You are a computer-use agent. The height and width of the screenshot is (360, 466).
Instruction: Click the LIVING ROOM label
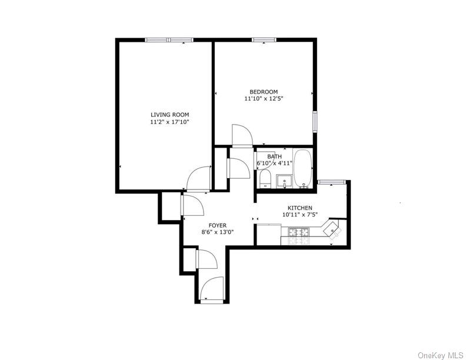tap(169, 115)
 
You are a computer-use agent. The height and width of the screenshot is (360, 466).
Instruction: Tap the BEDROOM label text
tap(264, 92)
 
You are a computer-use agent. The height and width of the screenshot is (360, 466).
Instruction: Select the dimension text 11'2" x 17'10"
tap(169, 122)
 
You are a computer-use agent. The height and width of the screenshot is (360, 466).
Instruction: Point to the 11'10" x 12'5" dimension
tap(264, 99)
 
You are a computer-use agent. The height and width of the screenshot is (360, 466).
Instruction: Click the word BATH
tap(274, 156)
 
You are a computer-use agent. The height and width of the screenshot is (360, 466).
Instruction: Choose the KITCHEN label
tap(299, 208)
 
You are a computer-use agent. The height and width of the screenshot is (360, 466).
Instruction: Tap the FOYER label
tap(218, 225)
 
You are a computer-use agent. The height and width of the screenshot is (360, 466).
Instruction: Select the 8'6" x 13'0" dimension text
tap(218, 232)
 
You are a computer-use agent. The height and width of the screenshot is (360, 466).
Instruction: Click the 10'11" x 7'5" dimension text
tap(299, 215)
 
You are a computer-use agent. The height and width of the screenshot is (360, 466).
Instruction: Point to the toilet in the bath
tap(264, 178)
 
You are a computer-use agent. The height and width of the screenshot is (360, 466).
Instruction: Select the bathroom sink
tap(284, 181)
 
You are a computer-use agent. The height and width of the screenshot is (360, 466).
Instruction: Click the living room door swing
tap(198, 178)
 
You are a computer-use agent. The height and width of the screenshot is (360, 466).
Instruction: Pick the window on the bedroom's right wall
tap(315, 121)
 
